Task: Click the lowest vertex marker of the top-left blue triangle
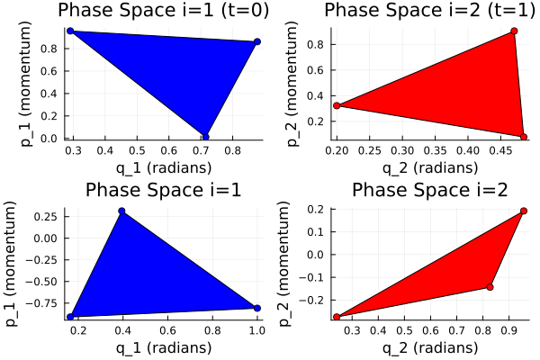pyautogui.click(x=206, y=137)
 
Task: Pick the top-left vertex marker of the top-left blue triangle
pyautogui.click(x=70, y=31)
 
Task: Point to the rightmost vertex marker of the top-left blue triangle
pyautogui.click(x=257, y=42)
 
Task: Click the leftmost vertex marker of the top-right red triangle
pyautogui.click(x=337, y=105)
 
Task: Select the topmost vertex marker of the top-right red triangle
pyautogui.click(x=514, y=31)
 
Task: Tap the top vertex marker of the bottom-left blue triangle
pyautogui.click(x=121, y=211)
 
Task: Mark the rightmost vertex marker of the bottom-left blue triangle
pyautogui.click(x=257, y=308)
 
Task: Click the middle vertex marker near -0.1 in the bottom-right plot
pyautogui.click(x=490, y=287)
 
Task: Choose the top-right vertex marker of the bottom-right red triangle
pyautogui.click(x=524, y=211)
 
